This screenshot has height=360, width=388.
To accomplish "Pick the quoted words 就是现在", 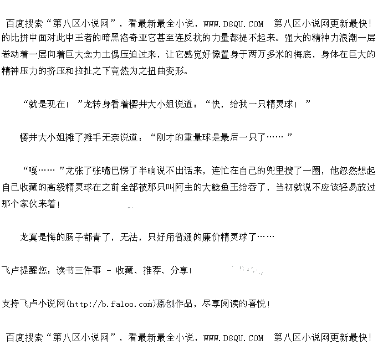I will (x=50, y=104).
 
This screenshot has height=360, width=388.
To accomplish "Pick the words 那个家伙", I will (x=21, y=204).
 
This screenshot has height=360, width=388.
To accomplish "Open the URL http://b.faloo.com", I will (x=111, y=304).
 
